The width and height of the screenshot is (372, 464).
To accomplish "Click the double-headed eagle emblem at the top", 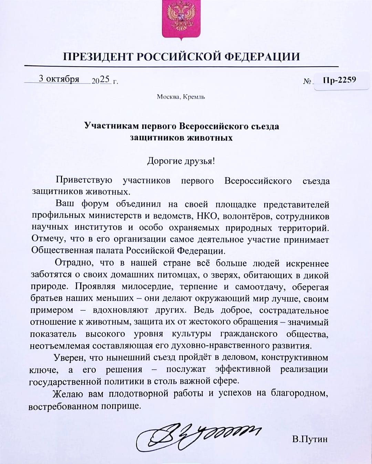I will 181,20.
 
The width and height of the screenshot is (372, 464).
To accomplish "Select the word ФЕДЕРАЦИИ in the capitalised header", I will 262,57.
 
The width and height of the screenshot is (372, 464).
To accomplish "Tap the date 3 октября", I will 59,79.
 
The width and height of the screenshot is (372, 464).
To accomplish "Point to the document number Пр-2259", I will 339,80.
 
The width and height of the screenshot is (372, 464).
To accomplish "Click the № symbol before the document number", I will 307,82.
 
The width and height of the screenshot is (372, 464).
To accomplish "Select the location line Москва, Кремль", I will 181,97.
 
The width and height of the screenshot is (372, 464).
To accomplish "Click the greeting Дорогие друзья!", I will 181,161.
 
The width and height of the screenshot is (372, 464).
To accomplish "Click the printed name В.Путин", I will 310,439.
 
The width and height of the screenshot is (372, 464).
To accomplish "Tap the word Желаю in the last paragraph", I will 68,393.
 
